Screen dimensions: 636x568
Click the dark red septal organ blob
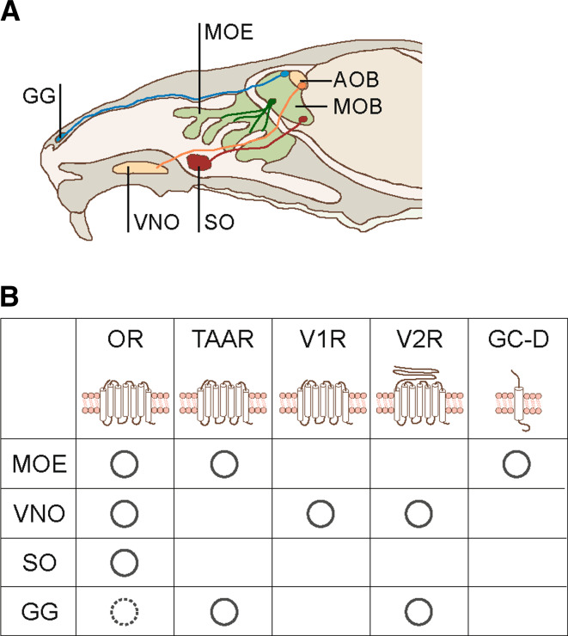pos(202,161)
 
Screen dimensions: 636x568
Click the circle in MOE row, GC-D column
pos(516,465)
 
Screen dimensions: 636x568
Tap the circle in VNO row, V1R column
pos(320,514)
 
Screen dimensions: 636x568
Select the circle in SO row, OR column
pos(125,563)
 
